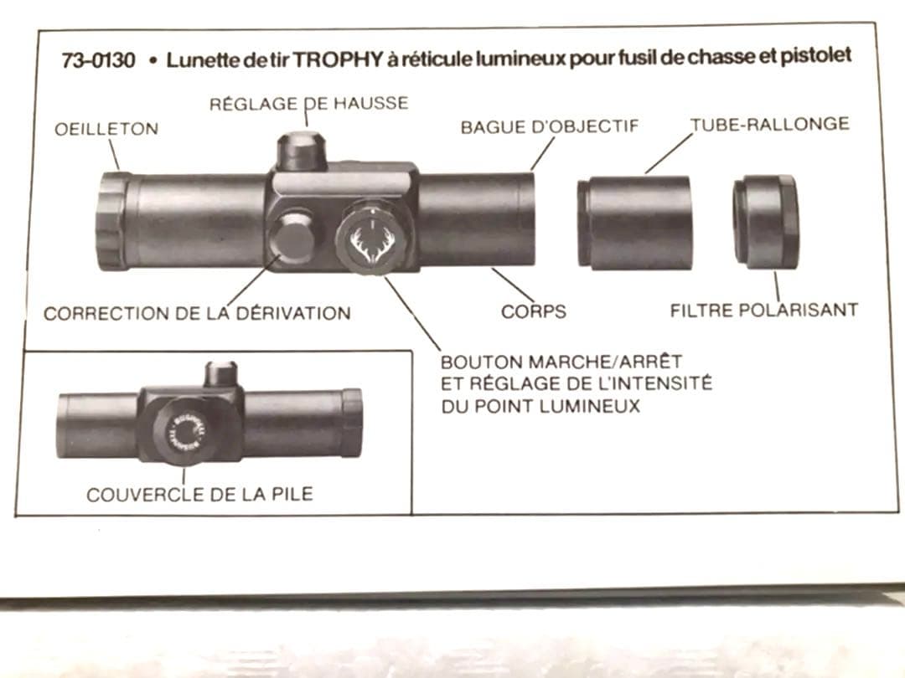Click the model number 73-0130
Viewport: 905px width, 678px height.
click(98, 61)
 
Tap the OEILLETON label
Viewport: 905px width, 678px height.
click(106, 129)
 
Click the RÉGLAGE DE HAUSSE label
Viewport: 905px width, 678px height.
click(308, 104)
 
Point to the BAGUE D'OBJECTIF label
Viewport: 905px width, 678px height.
click(550, 126)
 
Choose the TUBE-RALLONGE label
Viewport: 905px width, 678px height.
click(769, 124)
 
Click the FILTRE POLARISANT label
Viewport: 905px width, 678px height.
click(763, 310)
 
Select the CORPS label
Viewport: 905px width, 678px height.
click(534, 311)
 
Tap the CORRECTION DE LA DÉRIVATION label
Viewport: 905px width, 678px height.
click(197, 314)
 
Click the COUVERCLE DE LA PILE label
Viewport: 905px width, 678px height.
click(199, 494)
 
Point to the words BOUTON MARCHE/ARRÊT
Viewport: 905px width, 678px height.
click(561, 362)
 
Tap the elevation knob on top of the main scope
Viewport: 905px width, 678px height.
click(302, 151)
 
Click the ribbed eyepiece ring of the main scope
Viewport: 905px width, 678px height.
click(113, 220)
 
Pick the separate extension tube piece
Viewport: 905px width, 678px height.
click(634, 223)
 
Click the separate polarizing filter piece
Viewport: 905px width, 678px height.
click(765, 221)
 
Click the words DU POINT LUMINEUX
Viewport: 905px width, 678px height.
click(540, 407)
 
